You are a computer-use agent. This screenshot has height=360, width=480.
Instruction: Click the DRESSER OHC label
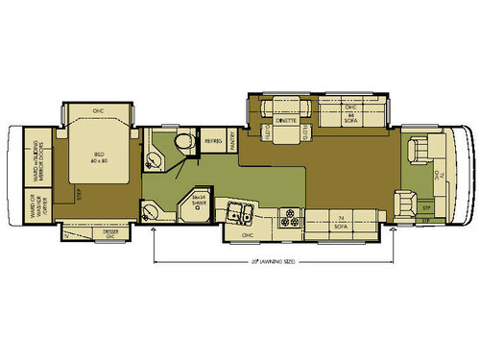coord(84,233)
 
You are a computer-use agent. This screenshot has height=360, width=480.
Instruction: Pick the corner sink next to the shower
coord(149,211)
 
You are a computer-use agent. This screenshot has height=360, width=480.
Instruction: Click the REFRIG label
coord(213,141)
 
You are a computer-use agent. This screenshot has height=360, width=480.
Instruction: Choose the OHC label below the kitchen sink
coord(247,232)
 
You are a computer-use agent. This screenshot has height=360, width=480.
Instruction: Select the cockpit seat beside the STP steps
coord(402,203)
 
